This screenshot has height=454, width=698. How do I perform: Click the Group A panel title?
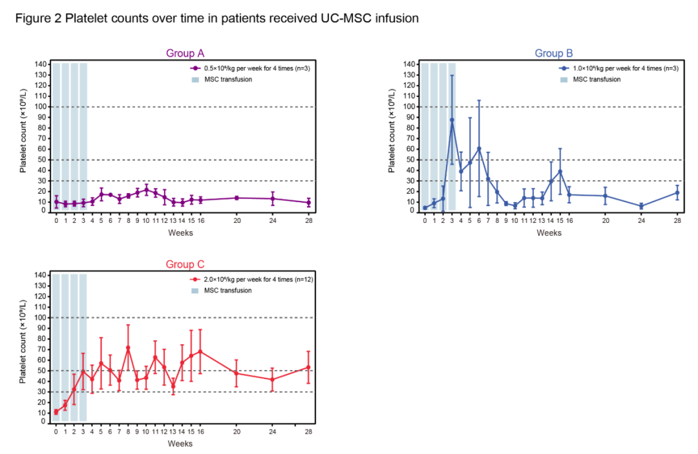[x=185, y=53]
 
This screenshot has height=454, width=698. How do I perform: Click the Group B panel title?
[x=554, y=53]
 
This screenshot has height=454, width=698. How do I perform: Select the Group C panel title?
[x=185, y=263]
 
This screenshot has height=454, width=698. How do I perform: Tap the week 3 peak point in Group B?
[x=452, y=119]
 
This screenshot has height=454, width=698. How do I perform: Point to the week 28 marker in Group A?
[x=308, y=202]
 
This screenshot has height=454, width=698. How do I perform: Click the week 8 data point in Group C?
[x=128, y=347]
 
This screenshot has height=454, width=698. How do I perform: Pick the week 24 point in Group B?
[x=641, y=206]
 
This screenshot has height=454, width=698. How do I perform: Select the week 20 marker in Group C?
[x=237, y=373]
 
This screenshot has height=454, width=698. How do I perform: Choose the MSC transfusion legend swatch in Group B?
[x=564, y=79]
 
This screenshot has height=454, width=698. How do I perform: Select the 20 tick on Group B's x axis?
[x=605, y=220]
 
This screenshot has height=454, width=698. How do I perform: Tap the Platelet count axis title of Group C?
[x=23, y=342]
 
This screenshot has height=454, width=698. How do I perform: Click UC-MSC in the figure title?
[x=341, y=19]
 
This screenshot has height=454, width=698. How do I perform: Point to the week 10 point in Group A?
[x=146, y=189]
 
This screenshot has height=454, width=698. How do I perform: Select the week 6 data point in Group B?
[x=479, y=149]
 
